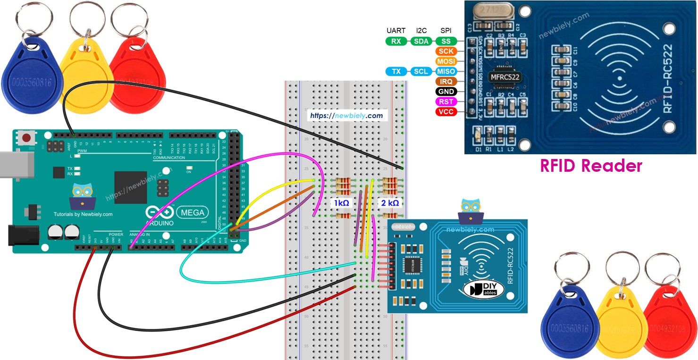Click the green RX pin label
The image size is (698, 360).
pos(396,41)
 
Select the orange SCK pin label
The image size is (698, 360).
pos(446,51)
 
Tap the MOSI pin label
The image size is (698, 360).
pos(446,61)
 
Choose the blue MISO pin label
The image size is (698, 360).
pos(446,72)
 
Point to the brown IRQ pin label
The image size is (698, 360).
pos(446,82)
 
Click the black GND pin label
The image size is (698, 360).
pos(446,92)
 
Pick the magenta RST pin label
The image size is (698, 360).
pos(446,102)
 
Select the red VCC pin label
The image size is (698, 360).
pos(446,112)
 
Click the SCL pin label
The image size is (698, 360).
pos(420,72)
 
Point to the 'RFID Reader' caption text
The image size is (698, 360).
pos(591,166)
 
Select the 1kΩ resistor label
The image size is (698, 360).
pos(341,203)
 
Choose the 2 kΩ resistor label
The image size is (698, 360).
pos(390,203)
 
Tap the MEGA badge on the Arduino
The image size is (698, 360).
pos(193,213)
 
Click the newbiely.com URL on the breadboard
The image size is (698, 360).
pos(346,115)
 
